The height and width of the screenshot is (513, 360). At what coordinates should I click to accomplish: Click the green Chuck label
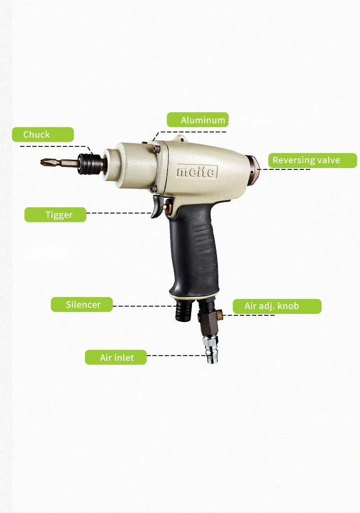42,134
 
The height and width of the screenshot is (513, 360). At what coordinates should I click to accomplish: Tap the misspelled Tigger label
55,215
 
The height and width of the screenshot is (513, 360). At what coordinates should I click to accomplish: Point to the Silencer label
82,304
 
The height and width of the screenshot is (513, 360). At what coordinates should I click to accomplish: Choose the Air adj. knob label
277,306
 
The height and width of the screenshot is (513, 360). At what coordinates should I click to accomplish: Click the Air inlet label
116,358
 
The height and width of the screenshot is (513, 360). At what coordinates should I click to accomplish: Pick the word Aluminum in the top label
203,120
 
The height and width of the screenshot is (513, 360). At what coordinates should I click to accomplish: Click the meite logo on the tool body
197,171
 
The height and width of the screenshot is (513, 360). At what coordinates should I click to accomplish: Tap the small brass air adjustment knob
220,314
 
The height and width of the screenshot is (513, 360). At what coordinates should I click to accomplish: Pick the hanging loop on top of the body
180,139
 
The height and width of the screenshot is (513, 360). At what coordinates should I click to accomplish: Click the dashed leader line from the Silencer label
144,306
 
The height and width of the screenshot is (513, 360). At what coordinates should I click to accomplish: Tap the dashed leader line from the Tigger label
118,213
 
